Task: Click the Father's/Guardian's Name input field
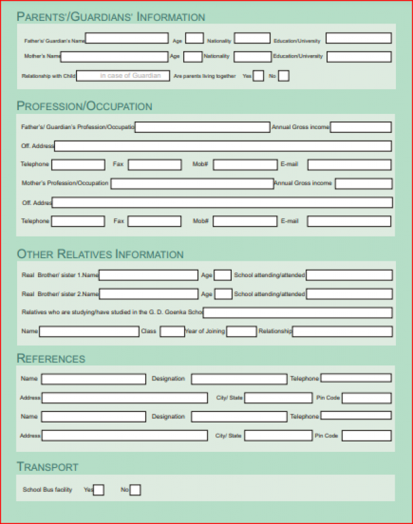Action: click(x=126, y=39)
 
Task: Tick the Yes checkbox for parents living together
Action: click(x=258, y=76)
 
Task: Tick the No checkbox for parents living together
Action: click(x=283, y=76)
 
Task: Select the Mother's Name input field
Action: click(x=114, y=57)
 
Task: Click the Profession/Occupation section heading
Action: click(x=84, y=106)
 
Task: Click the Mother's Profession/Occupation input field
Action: click(x=192, y=183)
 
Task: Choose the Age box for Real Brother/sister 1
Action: click(x=223, y=276)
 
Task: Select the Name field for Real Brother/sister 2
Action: click(x=149, y=294)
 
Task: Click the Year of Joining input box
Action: click(x=242, y=331)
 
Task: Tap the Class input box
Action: click(x=171, y=331)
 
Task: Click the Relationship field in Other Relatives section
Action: click(x=342, y=331)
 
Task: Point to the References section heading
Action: click(x=51, y=359)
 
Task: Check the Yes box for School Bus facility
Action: click(x=98, y=490)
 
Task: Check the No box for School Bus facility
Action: click(x=135, y=490)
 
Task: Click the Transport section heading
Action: click(x=48, y=467)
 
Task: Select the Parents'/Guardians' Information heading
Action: click(x=111, y=17)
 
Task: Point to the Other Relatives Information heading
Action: click(x=100, y=254)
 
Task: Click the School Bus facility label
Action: click(x=47, y=490)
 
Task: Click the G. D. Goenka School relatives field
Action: click(x=298, y=313)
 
